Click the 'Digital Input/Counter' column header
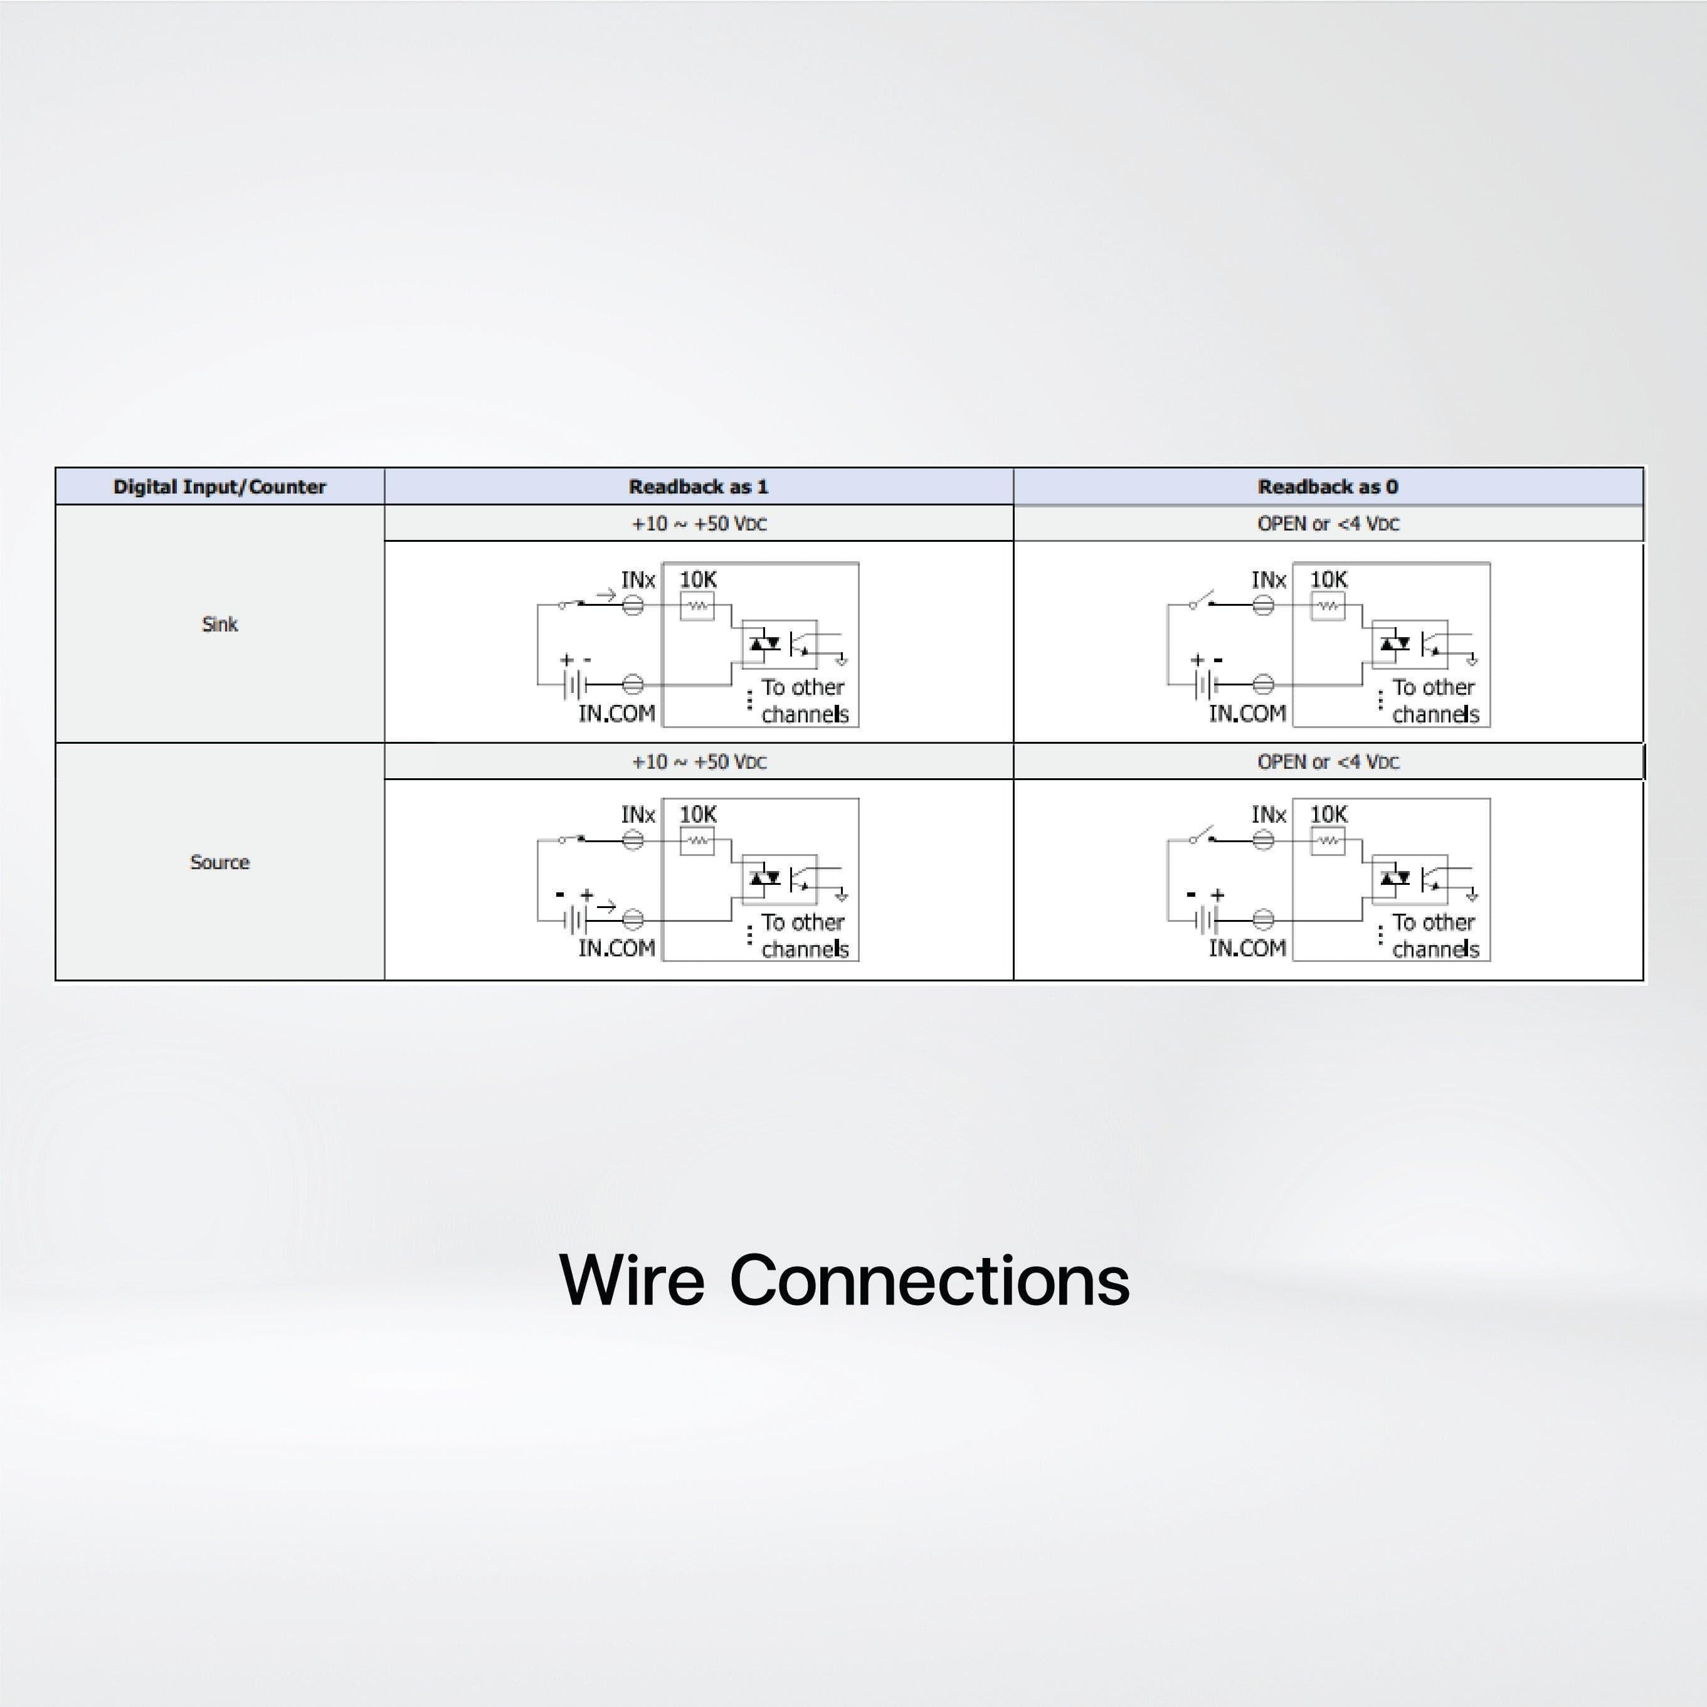[219, 487]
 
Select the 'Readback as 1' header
[698, 487]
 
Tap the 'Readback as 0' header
[1327, 487]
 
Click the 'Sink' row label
[219, 625]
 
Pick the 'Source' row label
[219, 862]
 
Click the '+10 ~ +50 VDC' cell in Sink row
[698, 524]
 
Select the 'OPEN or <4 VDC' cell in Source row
[1327, 761]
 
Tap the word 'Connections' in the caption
[929, 1281]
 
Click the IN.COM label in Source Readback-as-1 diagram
[616, 948]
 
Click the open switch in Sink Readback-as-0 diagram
[1203, 601]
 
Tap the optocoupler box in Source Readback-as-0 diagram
[1409, 879]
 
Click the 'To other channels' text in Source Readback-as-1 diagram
[804, 936]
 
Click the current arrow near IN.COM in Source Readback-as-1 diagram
[606, 906]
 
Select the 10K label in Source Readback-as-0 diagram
[1328, 815]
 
